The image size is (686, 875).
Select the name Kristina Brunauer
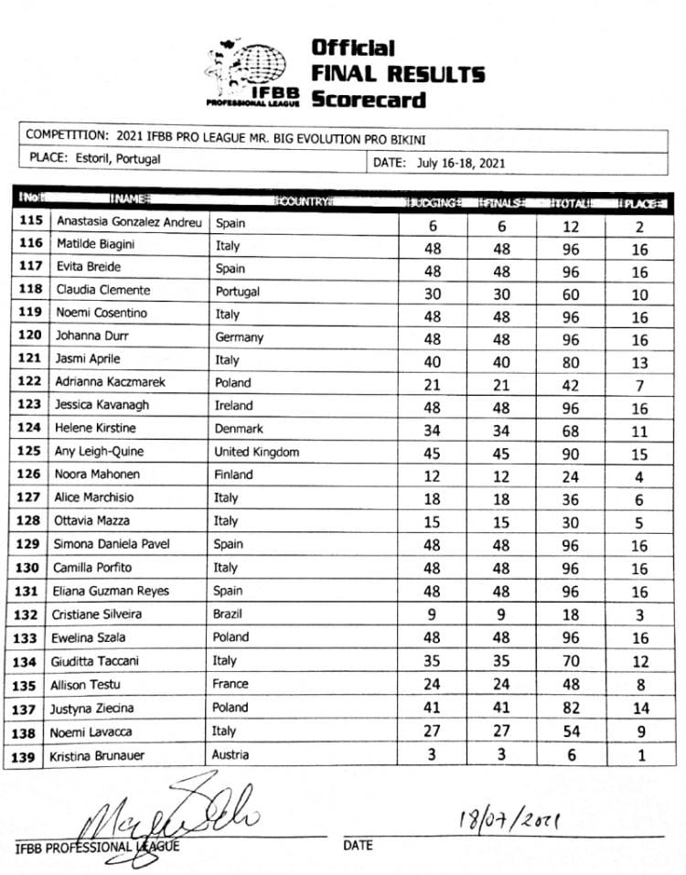click(x=105, y=755)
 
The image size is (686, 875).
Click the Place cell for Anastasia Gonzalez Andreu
click(x=639, y=222)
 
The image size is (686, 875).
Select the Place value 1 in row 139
click(x=639, y=755)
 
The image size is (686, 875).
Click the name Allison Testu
click(x=89, y=684)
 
